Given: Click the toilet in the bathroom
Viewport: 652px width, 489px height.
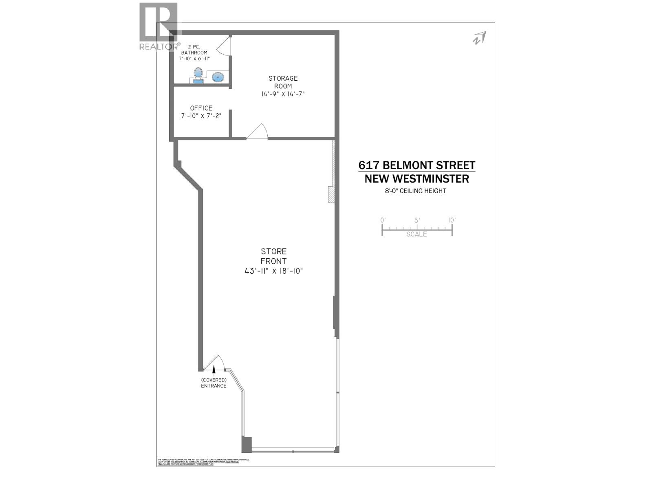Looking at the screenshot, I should coord(198,75).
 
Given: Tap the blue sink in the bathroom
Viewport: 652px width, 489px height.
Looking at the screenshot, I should coord(218,77).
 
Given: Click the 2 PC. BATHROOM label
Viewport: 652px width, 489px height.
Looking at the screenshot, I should coord(194,49).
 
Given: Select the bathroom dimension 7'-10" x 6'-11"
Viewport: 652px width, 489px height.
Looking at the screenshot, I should coord(194,59).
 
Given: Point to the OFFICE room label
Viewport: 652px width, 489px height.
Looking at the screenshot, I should coord(201,108).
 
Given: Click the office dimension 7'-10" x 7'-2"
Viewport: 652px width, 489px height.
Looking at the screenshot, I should coord(201,116).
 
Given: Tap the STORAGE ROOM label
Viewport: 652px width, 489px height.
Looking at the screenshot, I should coord(283,82).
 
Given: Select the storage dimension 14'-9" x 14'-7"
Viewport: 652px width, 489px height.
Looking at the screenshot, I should coord(283,94).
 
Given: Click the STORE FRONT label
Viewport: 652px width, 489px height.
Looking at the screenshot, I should coord(274,256).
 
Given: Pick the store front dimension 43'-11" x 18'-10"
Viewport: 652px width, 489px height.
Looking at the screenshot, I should coord(274,271).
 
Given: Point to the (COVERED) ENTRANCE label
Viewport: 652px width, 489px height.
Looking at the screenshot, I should coord(214,383).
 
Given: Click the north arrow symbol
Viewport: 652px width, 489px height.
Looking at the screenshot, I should coord(479,38).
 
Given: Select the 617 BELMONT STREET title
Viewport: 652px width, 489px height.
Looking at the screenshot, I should coord(417,165).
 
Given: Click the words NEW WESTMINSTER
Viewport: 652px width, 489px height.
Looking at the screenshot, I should coord(417,178).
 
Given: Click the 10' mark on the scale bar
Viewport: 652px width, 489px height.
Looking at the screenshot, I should coord(452,220).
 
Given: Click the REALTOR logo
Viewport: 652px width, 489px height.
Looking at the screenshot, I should coord(159,26).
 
